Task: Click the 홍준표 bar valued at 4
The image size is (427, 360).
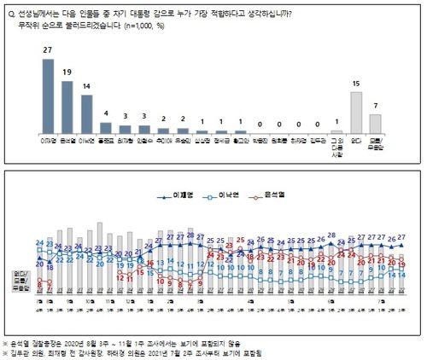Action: pos(105,130)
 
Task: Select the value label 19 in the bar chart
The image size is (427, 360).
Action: pos(67,73)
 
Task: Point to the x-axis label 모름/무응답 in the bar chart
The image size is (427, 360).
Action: pos(376,145)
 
